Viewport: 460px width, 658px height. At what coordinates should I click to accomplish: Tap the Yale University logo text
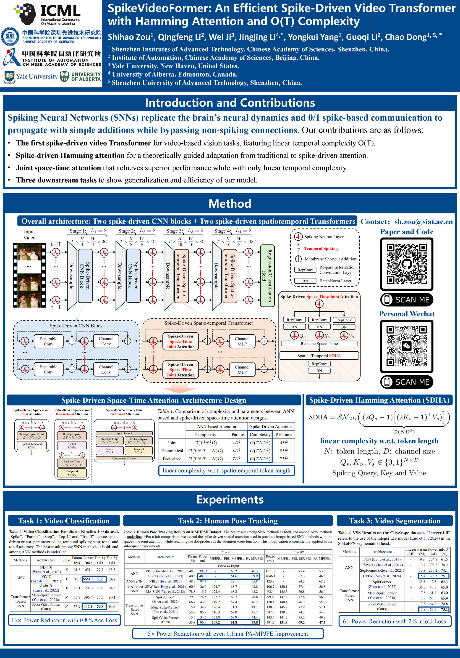pyautogui.click(x=37, y=77)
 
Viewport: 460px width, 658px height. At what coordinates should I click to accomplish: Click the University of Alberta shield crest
pyautogui.click(x=64, y=77)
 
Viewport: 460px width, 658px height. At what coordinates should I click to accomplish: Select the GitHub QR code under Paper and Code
pyautogui.click(x=406, y=264)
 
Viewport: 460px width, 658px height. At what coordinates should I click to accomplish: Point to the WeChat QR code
pyautogui.click(x=406, y=346)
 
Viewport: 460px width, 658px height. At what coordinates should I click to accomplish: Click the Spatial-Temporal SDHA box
pyautogui.click(x=319, y=356)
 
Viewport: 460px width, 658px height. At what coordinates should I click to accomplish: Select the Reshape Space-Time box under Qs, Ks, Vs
pyautogui.click(x=319, y=344)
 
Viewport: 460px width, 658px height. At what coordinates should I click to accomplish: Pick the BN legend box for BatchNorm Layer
pyautogui.click(x=305, y=281)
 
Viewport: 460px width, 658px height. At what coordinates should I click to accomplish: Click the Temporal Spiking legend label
pyautogui.click(x=321, y=249)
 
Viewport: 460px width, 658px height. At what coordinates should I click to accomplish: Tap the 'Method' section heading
pyautogui.click(x=230, y=204)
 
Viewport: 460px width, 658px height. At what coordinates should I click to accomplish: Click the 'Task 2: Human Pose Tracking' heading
pyautogui.click(x=228, y=521)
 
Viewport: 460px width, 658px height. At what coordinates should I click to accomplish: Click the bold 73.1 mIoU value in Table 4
pyautogui.click(x=444, y=609)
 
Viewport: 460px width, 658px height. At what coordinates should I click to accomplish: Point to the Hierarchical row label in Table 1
pyautogui.click(x=172, y=451)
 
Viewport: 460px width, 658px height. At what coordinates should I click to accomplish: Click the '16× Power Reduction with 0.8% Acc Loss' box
pyautogui.click(x=64, y=620)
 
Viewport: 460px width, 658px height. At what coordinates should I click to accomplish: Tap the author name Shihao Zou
pyautogui.click(x=129, y=37)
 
